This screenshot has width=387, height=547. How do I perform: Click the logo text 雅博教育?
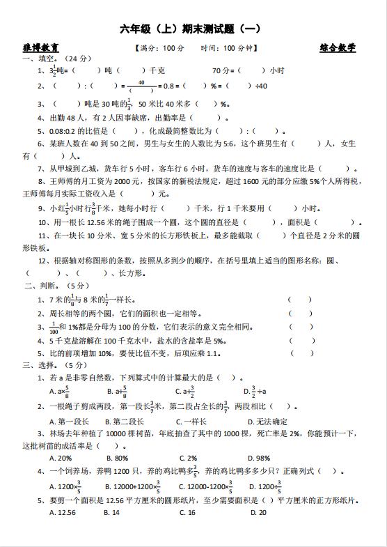(x=40, y=48)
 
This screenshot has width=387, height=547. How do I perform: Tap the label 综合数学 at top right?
(x=338, y=48)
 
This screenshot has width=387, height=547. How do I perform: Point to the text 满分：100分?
(x=159, y=48)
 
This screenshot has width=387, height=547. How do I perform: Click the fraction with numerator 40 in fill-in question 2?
(x=141, y=86)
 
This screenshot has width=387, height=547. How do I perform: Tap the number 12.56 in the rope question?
(x=97, y=222)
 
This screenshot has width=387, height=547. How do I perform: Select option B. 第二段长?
(x=124, y=421)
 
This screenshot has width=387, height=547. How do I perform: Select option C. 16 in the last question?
(x=187, y=512)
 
